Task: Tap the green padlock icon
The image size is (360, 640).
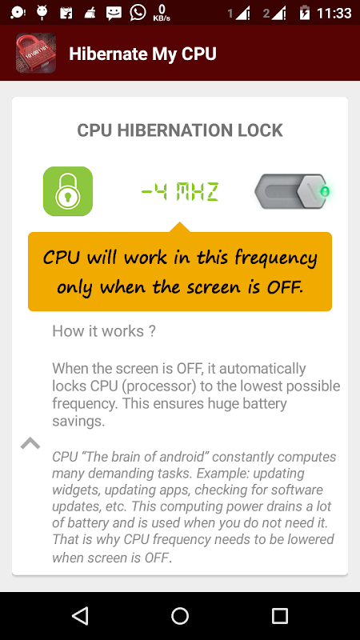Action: tap(68, 191)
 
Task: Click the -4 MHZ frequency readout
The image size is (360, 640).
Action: tap(179, 192)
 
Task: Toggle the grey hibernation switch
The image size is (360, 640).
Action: tap(292, 191)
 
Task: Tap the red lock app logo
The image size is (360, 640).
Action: tap(36, 53)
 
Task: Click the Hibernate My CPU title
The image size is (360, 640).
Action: tap(142, 54)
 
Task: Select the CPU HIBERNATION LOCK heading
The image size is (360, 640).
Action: tap(180, 130)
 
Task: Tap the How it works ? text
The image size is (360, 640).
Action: tap(104, 331)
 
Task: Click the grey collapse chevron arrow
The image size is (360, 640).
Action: tap(30, 443)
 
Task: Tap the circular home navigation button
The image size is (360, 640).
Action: tap(180, 615)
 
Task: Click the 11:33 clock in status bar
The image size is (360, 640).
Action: tap(334, 13)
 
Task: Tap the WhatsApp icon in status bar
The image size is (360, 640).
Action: tap(138, 12)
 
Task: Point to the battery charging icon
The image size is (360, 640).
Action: tap(305, 13)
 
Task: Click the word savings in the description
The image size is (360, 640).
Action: tap(78, 422)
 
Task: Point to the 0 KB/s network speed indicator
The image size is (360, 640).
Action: tap(162, 13)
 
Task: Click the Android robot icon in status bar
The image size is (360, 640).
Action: tap(42, 12)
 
